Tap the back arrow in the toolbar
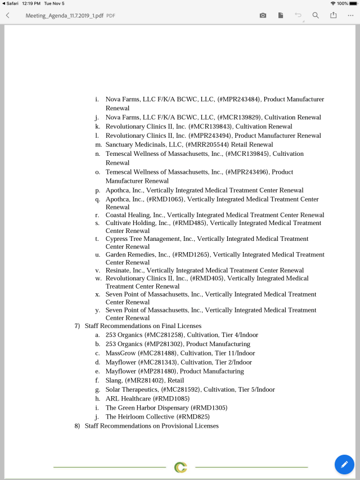(x=7, y=15)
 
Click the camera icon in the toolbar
(x=263, y=15)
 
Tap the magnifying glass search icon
(x=316, y=15)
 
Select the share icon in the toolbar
(x=333, y=15)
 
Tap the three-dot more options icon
(x=350, y=15)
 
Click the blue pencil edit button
(x=344, y=464)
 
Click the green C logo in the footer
(x=181, y=467)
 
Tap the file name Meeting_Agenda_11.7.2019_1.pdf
(x=65, y=16)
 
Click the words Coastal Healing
(x=127, y=215)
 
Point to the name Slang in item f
(x=114, y=380)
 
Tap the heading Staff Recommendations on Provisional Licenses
(x=151, y=426)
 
